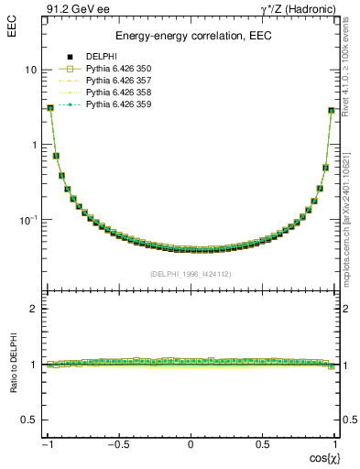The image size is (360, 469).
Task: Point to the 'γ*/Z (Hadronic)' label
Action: click(301, 8)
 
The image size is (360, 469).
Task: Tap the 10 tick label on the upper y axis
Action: click(30, 70)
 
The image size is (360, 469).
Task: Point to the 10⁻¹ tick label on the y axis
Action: click(27, 219)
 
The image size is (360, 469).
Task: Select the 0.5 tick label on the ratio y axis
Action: click(28, 420)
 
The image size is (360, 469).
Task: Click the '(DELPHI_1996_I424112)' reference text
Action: click(191, 274)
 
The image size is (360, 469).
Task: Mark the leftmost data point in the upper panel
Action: click(51, 108)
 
